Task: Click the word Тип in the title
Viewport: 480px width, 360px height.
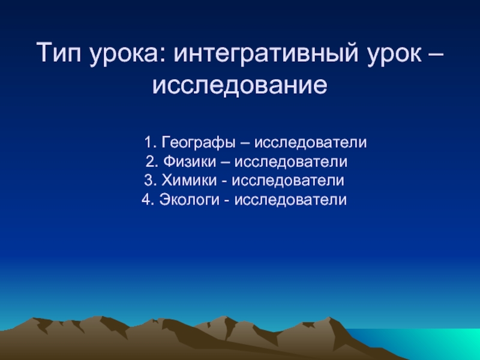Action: pyautogui.click(x=59, y=52)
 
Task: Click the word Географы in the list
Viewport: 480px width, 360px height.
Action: pyautogui.click(x=199, y=142)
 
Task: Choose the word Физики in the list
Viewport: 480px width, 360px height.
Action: pyautogui.click(x=190, y=161)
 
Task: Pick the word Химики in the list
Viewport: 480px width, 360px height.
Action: pyautogui.click(x=189, y=180)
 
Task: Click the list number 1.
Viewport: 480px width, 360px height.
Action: pyautogui.click(x=151, y=142)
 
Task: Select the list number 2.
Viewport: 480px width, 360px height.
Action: pyautogui.click(x=152, y=161)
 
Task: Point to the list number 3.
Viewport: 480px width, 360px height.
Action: pyautogui.click(x=151, y=180)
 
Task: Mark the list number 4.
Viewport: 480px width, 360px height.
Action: pyautogui.click(x=148, y=200)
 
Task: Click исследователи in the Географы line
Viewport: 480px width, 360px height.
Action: pyautogui.click(x=310, y=142)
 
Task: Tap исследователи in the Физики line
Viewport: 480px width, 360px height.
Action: pyautogui.click(x=291, y=161)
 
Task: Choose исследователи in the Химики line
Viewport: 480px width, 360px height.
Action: pyautogui.click(x=288, y=181)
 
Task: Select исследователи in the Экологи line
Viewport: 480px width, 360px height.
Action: pyautogui.click(x=290, y=200)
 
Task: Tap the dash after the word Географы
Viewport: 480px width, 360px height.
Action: pyautogui.click(x=245, y=143)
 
